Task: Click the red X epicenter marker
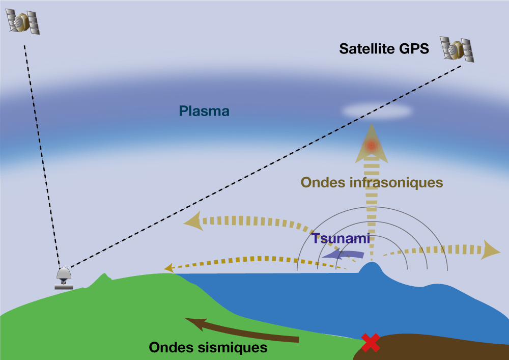(x=371, y=342)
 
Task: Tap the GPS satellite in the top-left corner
(x=23, y=21)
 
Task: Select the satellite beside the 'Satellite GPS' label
(x=457, y=49)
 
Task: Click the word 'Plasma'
(x=204, y=111)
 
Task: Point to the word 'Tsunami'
(x=341, y=238)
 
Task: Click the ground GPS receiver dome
(x=64, y=275)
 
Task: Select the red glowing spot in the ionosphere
(x=372, y=146)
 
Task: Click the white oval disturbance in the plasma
(x=376, y=111)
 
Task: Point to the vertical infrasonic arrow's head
(x=372, y=137)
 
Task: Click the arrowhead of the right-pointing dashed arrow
(x=491, y=250)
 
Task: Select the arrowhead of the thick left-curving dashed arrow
(x=192, y=220)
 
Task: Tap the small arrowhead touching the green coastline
(x=167, y=267)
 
